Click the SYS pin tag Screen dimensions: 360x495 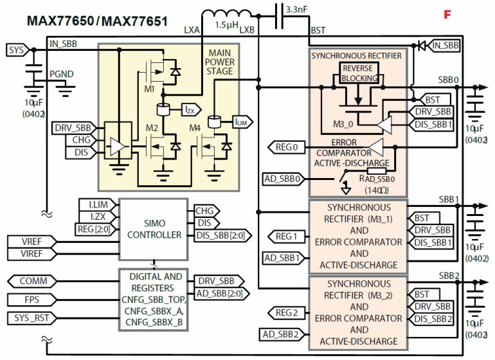coord(16,50)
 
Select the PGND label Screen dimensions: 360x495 coord(62,74)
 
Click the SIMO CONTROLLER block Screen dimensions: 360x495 coord(154,228)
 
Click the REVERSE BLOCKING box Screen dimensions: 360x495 coord(357,74)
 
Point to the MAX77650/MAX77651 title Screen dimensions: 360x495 coord(97,21)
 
